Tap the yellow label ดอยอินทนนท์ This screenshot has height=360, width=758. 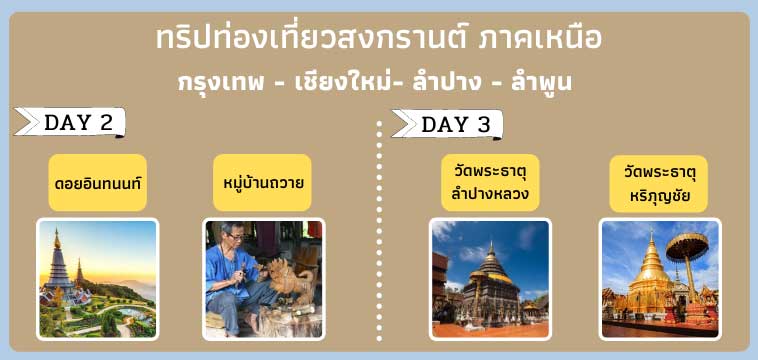98,183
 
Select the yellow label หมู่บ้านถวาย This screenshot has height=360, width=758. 264,183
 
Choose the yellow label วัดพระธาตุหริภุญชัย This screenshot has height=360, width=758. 659,182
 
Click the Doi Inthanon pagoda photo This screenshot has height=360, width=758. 98,278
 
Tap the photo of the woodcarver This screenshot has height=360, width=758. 264,278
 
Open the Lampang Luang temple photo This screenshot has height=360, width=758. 490,278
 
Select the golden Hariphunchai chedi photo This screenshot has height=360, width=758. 659,278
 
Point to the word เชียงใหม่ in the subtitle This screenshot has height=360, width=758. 341,82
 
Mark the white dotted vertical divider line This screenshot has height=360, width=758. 380,230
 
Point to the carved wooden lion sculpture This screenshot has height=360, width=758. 285,281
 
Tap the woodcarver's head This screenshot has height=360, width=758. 235,237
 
